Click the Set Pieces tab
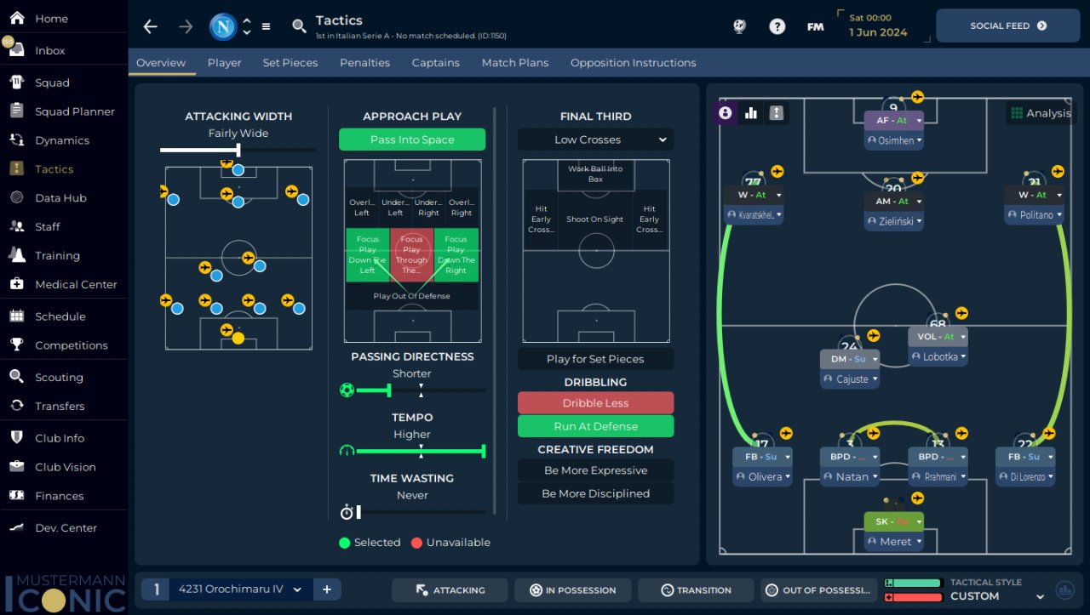(x=290, y=63)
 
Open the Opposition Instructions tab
(x=633, y=63)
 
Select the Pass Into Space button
(x=412, y=140)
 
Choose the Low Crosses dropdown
(x=595, y=140)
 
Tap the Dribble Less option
(x=595, y=403)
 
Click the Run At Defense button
(x=595, y=426)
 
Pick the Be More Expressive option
(x=595, y=470)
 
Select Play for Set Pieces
(x=595, y=359)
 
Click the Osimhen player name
(x=895, y=140)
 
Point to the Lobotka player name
(x=940, y=357)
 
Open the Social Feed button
(x=1007, y=26)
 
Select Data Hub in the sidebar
(x=60, y=198)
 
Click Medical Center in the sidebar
(x=76, y=284)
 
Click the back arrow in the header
(x=151, y=26)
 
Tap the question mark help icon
(x=777, y=26)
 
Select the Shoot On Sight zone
(x=595, y=219)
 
